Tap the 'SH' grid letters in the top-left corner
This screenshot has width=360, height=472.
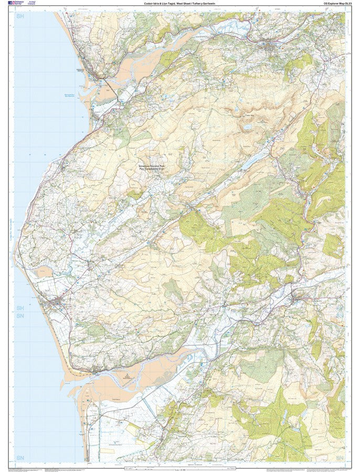[20, 17]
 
